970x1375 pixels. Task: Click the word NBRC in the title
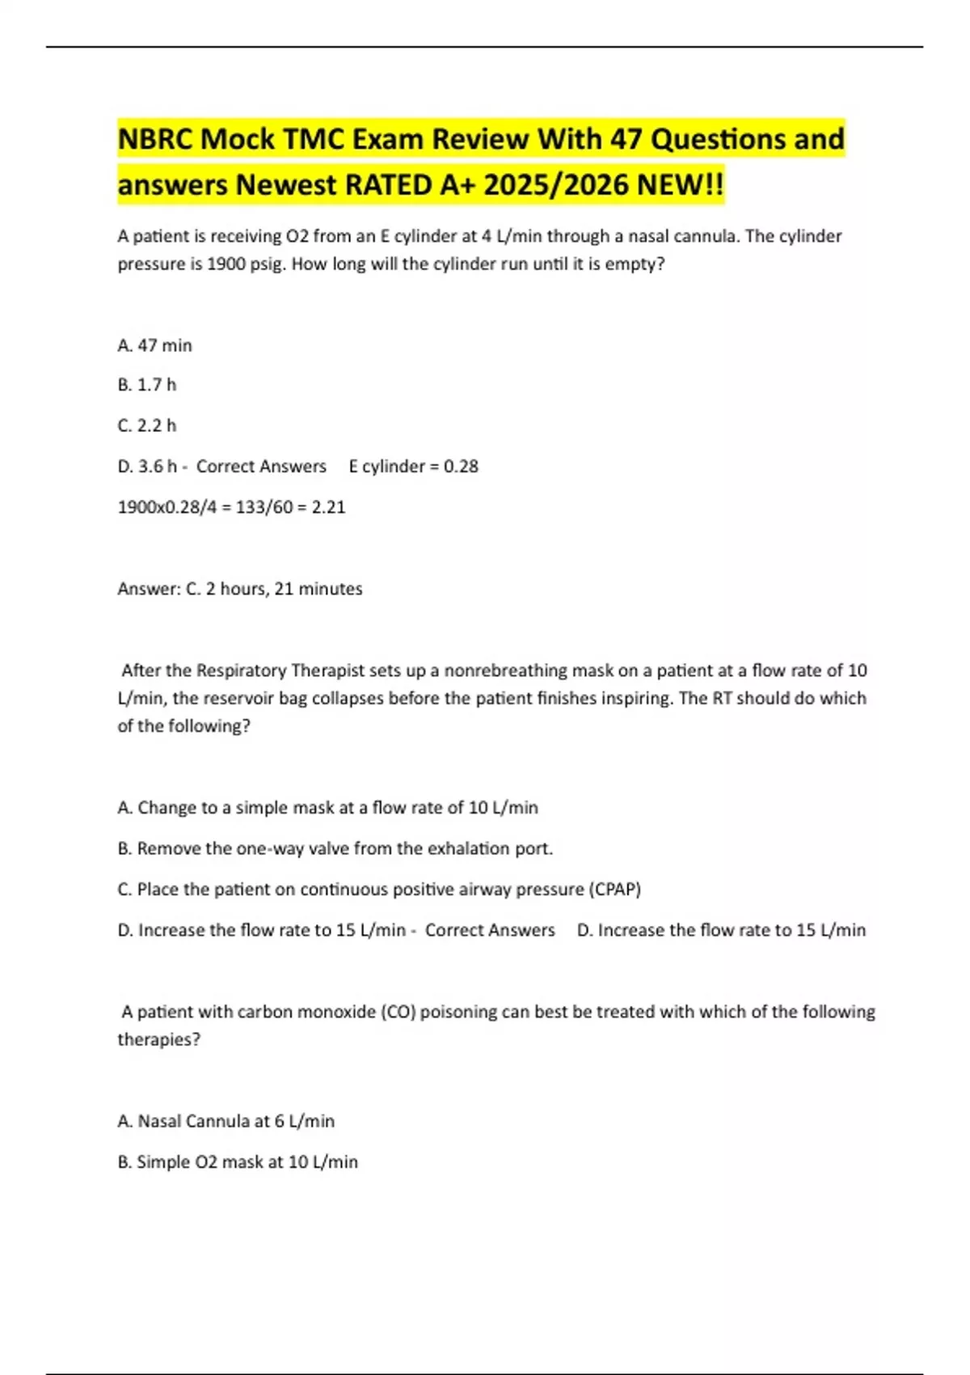click(x=155, y=139)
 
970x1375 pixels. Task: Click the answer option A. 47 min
click(x=154, y=345)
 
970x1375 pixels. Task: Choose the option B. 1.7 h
click(x=146, y=385)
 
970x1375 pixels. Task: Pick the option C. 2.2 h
click(x=146, y=425)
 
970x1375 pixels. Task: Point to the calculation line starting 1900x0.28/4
click(x=231, y=507)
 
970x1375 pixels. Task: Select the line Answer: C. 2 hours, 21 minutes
click(x=239, y=589)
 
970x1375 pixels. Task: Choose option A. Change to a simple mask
click(x=327, y=807)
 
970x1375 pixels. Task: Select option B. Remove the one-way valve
click(x=335, y=848)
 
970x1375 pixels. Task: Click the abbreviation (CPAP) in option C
click(x=615, y=890)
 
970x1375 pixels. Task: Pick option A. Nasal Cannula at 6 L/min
click(x=226, y=1121)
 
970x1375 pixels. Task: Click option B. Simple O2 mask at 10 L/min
click(x=237, y=1162)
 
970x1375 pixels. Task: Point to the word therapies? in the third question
click(x=158, y=1039)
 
